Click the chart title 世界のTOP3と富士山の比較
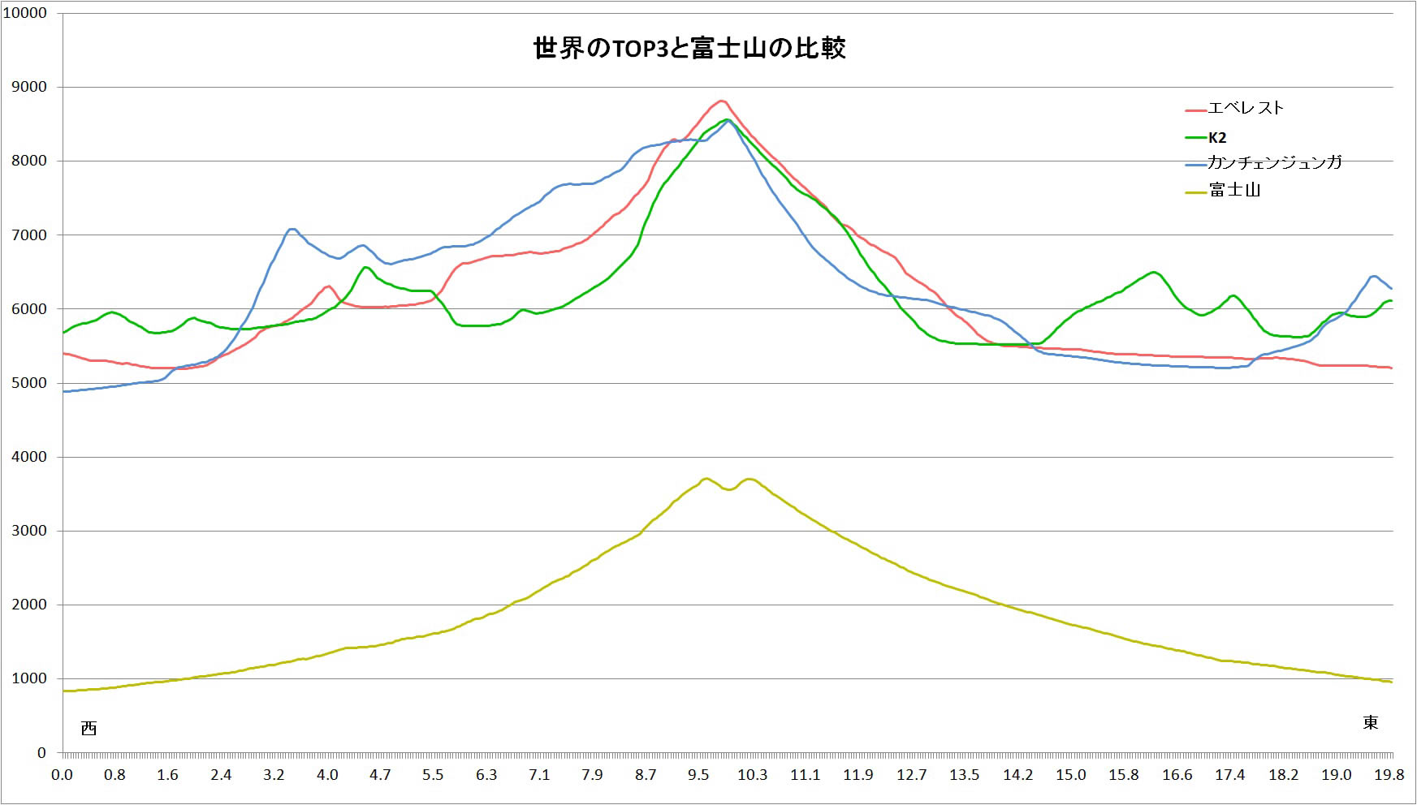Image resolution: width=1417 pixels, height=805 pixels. point(689,49)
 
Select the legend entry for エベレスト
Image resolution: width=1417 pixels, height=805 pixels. point(1246,108)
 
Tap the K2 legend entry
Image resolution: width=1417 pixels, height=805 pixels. point(1217,137)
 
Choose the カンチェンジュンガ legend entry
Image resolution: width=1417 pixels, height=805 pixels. point(1274,162)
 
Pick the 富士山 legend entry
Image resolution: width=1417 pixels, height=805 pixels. point(1234,190)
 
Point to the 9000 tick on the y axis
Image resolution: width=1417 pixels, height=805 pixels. point(29,87)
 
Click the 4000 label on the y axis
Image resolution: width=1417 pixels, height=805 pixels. point(29,457)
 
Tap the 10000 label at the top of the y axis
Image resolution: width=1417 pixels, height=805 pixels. point(25,13)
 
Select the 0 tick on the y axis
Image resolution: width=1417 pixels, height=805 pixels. point(41,752)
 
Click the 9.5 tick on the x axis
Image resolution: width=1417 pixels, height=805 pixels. point(698,774)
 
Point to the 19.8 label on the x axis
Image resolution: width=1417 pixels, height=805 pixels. point(1389,774)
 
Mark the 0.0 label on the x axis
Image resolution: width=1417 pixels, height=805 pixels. point(62,774)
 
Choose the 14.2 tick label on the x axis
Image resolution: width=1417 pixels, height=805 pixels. point(1017,774)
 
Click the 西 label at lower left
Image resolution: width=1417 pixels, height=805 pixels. point(89,728)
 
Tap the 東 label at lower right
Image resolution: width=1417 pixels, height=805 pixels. point(1370,722)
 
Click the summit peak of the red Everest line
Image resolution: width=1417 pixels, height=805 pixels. point(721,101)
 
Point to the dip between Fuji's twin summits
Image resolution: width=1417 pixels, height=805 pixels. point(728,489)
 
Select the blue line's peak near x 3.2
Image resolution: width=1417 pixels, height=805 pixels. point(292,229)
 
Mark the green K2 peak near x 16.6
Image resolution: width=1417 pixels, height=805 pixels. point(1153,272)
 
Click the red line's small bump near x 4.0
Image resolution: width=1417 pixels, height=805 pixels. point(327,286)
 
